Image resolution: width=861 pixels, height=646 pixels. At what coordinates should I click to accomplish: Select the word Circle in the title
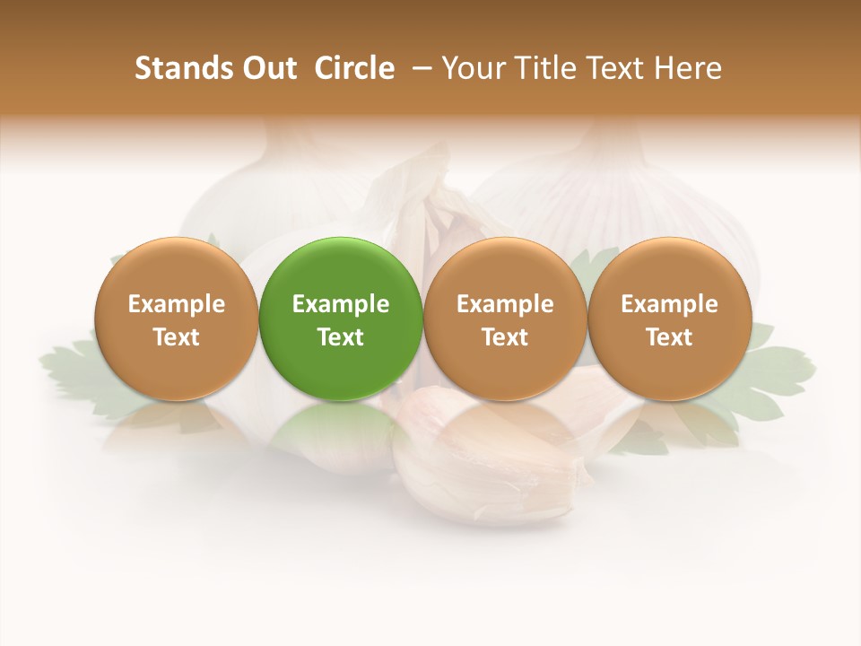coord(354,68)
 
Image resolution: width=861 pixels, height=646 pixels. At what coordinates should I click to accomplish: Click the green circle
coord(341,319)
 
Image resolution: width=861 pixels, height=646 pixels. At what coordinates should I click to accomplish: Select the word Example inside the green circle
coord(341,304)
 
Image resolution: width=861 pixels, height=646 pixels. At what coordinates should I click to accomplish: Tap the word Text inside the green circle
coord(341,337)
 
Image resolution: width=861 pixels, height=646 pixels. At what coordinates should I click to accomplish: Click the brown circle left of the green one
coord(177,319)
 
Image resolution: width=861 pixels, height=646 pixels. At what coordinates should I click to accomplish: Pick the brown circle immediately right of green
coord(505,319)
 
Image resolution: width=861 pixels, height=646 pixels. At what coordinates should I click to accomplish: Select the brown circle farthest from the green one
coord(670,319)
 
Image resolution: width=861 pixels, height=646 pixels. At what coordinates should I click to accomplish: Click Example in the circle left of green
coord(177,304)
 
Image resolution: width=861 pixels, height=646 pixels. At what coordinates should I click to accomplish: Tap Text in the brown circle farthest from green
coord(670,337)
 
